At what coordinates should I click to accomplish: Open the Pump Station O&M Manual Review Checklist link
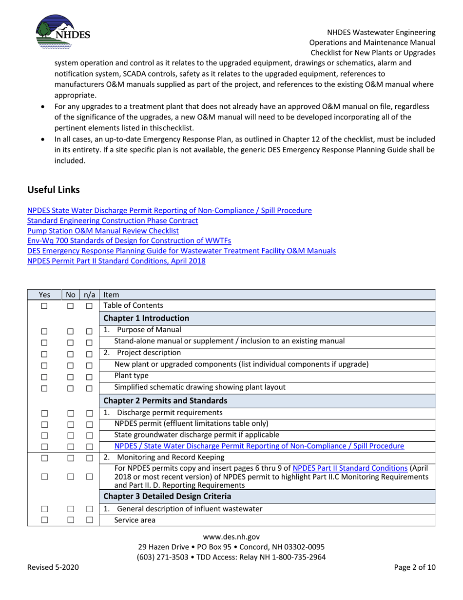pos(103,231)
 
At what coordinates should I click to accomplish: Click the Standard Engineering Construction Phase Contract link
pos(113,220)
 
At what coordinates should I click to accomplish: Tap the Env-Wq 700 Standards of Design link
pos(129,241)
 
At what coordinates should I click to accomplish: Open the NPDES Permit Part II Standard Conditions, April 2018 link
pos(116,261)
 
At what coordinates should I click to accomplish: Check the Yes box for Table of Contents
pos(44,306)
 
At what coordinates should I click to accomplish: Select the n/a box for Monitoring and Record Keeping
pos(89,458)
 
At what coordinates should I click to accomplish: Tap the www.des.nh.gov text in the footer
pos(231,537)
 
